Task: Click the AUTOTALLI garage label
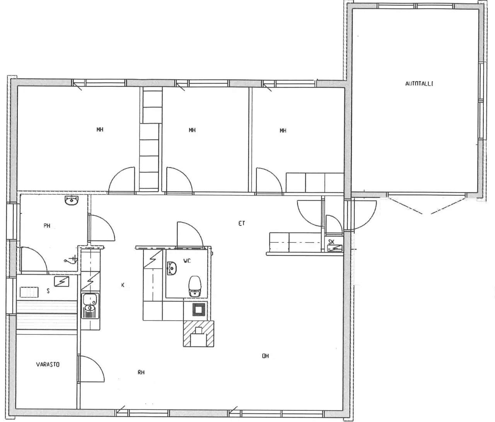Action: (419, 84)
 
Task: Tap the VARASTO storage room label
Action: (48, 364)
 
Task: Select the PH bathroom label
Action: (47, 226)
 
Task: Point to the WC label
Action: (187, 261)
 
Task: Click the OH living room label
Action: (265, 356)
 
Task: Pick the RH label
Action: (141, 372)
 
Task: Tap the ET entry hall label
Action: (242, 223)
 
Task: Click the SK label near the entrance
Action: (331, 242)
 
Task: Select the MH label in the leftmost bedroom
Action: (100, 129)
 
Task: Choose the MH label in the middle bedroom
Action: (192, 130)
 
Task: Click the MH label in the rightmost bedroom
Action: (283, 130)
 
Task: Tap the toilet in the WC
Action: (195, 286)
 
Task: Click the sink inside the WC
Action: (171, 268)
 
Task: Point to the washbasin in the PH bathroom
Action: (72, 200)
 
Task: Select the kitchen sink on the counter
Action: (90, 306)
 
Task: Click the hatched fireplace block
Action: (198, 333)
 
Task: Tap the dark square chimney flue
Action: (199, 310)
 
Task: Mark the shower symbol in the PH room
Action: (71, 259)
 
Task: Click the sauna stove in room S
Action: (29, 292)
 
